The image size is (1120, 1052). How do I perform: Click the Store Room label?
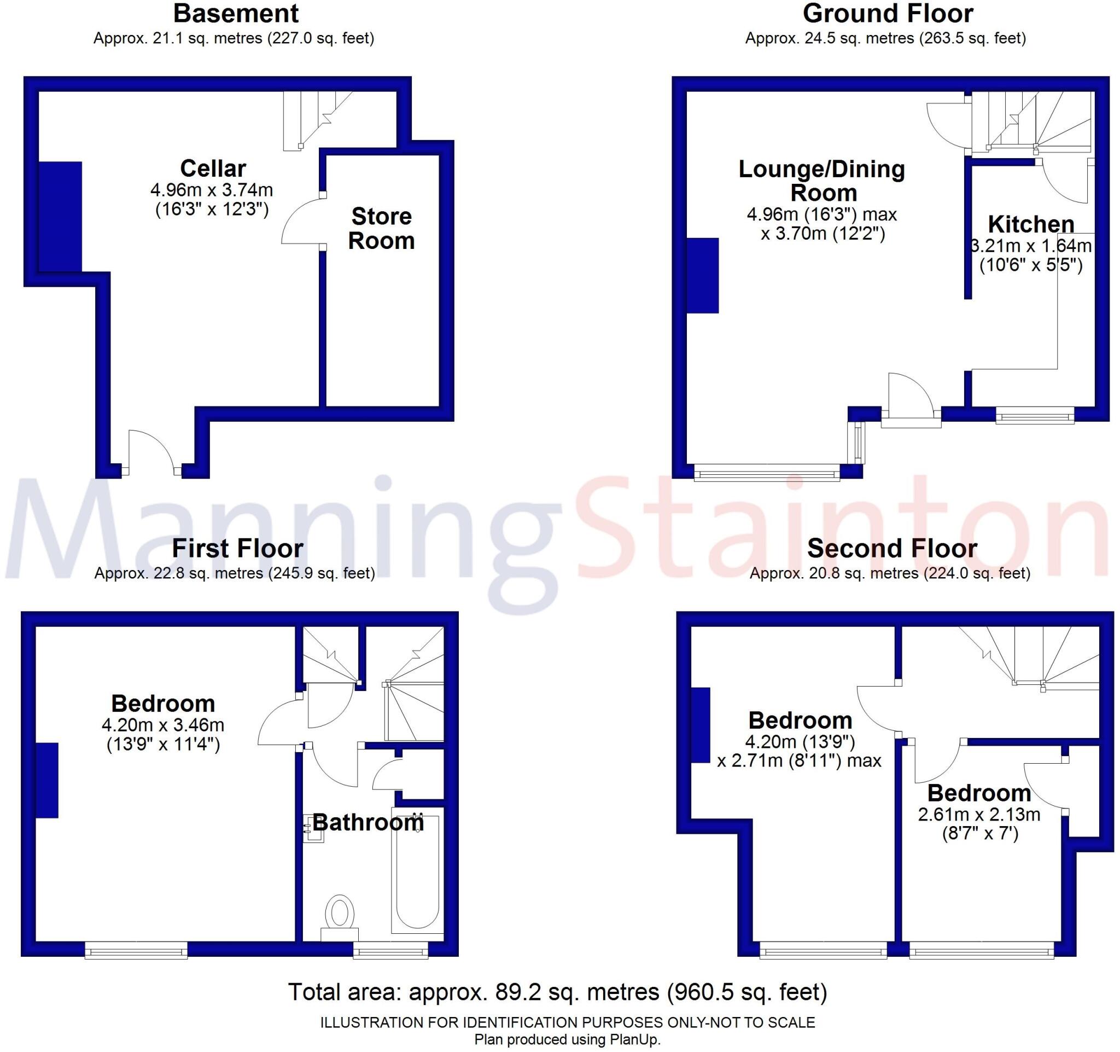[x=381, y=228]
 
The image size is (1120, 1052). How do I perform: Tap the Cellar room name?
[x=213, y=168]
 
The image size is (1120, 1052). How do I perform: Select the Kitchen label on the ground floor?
[x=1031, y=224]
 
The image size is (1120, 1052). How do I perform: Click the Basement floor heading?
[x=236, y=14]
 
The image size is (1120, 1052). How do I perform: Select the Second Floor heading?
[x=892, y=548]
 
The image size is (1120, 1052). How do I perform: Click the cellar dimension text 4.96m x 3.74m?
[x=212, y=190]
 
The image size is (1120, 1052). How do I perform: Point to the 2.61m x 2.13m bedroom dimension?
[x=979, y=814]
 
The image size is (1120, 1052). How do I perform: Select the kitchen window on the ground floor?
[x=1035, y=417]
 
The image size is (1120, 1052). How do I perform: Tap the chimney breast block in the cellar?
[x=60, y=217]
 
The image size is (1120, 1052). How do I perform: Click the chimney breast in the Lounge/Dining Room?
[x=703, y=275]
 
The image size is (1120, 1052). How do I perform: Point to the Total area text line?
[x=558, y=992]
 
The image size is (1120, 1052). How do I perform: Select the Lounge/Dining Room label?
[x=822, y=181]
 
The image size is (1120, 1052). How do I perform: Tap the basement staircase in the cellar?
[x=316, y=119]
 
